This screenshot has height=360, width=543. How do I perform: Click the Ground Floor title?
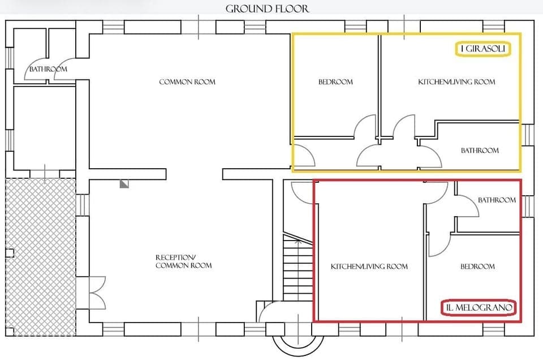point(268,8)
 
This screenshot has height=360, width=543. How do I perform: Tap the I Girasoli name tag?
point(483,50)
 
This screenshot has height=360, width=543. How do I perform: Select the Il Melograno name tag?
point(479,308)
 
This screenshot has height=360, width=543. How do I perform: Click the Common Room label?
point(187,82)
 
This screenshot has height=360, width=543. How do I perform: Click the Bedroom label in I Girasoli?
point(335,82)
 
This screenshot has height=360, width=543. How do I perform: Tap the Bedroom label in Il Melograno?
point(477,266)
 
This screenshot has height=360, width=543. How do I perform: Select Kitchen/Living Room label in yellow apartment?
point(456,82)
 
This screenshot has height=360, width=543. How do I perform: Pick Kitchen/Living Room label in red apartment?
point(369,266)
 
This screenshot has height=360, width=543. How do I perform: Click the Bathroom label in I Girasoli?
point(480,151)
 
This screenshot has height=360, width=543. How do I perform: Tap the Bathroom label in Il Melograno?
point(497,200)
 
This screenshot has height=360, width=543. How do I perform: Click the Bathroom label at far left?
point(48,69)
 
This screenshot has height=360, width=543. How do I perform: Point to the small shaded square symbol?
point(124,183)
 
